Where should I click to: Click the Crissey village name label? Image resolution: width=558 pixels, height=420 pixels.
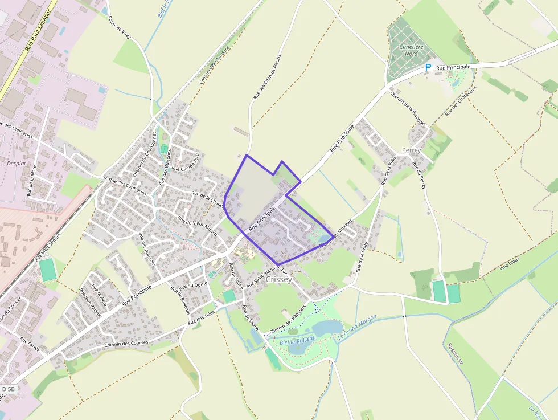tap(278, 280)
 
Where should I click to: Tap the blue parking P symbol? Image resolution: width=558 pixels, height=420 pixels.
tap(428, 67)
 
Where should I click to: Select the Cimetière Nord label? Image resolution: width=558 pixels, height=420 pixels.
tap(412, 50)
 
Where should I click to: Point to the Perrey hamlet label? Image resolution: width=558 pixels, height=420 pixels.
tap(411, 150)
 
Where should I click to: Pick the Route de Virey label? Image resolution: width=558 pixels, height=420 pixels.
tap(120, 27)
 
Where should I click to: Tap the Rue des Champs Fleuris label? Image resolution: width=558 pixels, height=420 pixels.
tap(267, 77)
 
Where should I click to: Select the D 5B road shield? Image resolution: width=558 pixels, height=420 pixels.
tap(8, 389)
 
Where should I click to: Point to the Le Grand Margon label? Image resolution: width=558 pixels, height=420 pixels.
tap(358, 327)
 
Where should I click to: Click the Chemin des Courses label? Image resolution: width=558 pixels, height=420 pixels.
tap(126, 344)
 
